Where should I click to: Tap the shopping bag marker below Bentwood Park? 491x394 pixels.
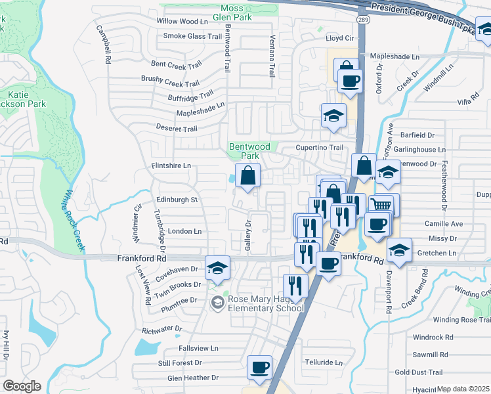(x=248, y=176)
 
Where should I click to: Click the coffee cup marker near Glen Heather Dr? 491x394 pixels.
(x=260, y=367)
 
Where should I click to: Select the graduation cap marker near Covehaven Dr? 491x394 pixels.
(x=217, y=267)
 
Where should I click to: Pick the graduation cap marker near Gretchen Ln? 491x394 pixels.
(x=399, y=250)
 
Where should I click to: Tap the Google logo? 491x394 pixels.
(x=22, y=386)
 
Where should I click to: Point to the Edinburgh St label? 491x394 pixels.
(x=177, y=199)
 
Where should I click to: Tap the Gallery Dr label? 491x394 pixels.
(x=249, y=234)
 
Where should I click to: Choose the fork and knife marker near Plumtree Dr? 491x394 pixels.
(x=295, y=286)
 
